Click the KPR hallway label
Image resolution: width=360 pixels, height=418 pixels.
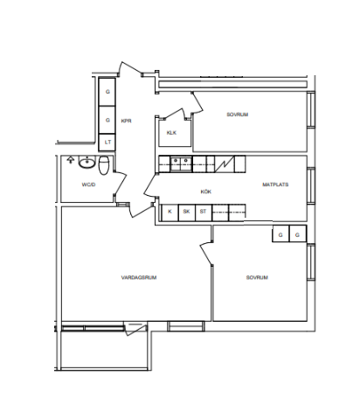click(x=126, y=121)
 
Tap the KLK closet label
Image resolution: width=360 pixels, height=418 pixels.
click(x=171, y=133)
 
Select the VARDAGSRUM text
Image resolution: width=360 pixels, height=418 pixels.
click(x=139, y=277)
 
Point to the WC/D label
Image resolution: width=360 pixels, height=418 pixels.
click(x=88, y=185)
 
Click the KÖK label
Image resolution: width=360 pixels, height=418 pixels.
click(x=206, y=192)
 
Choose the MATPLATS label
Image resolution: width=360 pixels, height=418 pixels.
click(x=275, y=185)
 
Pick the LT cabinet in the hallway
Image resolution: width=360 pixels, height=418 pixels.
click(x=107, y=143)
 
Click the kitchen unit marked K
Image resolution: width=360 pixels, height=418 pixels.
click(x=170, y=212)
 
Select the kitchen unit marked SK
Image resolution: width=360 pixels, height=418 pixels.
click(x=187, y=212)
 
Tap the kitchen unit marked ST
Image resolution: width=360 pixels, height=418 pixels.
click(x=204, y=212)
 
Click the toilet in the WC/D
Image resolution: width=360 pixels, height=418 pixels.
click(x=104, y=165)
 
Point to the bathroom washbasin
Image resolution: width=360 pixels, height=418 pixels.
click(x=87, y=163)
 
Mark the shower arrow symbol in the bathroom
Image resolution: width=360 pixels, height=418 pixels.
click(x=70, y=160)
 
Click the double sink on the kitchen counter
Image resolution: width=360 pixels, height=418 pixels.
click(x=181, y=164)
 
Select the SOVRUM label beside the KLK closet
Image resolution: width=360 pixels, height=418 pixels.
click(x=238, y=115)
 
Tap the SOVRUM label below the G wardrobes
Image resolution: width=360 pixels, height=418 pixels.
click(x=257, y=277)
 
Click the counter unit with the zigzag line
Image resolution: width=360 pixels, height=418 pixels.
click(x=225, y=164)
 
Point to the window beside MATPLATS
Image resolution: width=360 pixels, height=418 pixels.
click(x=311, y=185)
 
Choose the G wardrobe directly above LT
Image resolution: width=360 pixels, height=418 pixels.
click(x=107, y=120)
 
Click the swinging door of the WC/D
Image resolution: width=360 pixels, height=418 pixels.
click(x=120, y=184)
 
